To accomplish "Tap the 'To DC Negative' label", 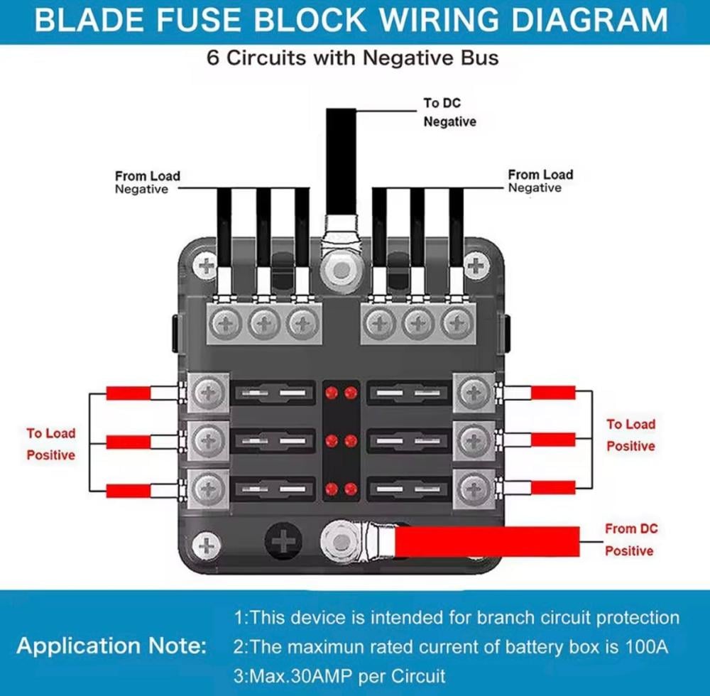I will click(449, 112).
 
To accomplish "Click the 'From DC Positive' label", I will click(630, 540).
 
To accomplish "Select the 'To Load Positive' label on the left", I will click(50, 444).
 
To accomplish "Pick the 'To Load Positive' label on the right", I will click(630, 435).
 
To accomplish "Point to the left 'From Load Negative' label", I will click(147, 183).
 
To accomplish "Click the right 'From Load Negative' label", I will click(540, 181).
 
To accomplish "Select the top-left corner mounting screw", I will click(207, 267).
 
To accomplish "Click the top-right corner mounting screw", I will click(475, 267).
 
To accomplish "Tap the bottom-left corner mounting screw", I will click(207, 545).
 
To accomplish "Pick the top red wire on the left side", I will click(129, 393).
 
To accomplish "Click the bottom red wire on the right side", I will click(553, 487).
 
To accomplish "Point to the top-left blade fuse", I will click(273, 393).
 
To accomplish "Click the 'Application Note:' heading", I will click(112, 646).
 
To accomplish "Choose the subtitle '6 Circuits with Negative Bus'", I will click(353, 58).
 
